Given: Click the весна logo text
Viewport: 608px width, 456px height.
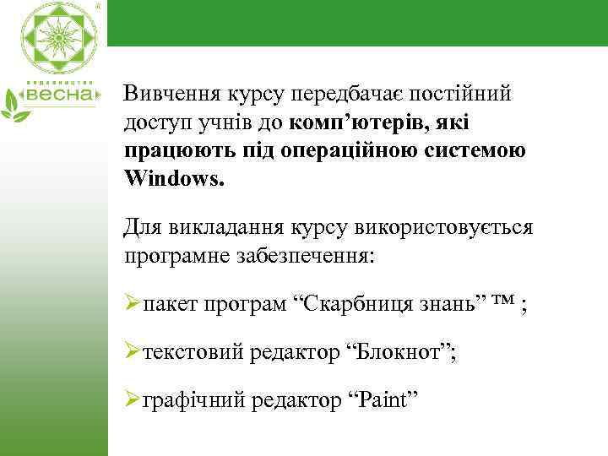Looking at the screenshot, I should point(64,95).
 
